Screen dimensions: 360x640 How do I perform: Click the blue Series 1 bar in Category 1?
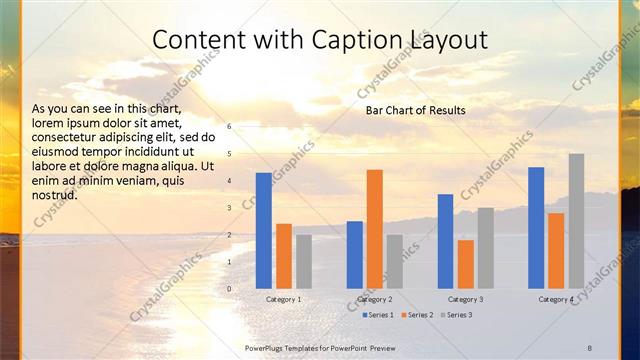(x=264, y=231)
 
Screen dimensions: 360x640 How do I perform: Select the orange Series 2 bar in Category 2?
(x=375, y=229)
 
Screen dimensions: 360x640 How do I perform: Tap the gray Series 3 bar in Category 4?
(x=577, y=221)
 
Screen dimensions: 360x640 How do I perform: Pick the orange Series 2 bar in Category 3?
(x=466, y=264)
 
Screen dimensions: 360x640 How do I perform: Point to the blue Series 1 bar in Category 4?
(x=536, y=228)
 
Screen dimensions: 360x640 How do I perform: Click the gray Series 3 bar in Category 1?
(x=304, y=262)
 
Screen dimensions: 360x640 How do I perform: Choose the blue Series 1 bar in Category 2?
(x=355, y=255)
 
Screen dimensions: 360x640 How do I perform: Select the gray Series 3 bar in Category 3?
(x=486, y=248)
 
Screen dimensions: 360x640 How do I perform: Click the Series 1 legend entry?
(x=376, y=314)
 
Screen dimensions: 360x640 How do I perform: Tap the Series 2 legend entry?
(x=416, y=314)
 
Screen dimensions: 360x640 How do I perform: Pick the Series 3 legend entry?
(x=456, y=314)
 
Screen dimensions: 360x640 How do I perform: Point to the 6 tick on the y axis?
(x=229, y=127)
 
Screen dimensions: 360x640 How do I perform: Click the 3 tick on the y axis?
(x=229, y=208)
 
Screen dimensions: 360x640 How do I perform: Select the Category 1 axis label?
(x=284, y=299)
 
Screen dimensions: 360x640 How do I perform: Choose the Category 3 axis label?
(x=466, y=299)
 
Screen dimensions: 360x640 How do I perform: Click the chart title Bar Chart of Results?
(x=415, y=109)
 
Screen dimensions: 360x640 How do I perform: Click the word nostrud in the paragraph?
(x=55, y=195)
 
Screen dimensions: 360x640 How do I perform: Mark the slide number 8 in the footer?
(x=589, y=346)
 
